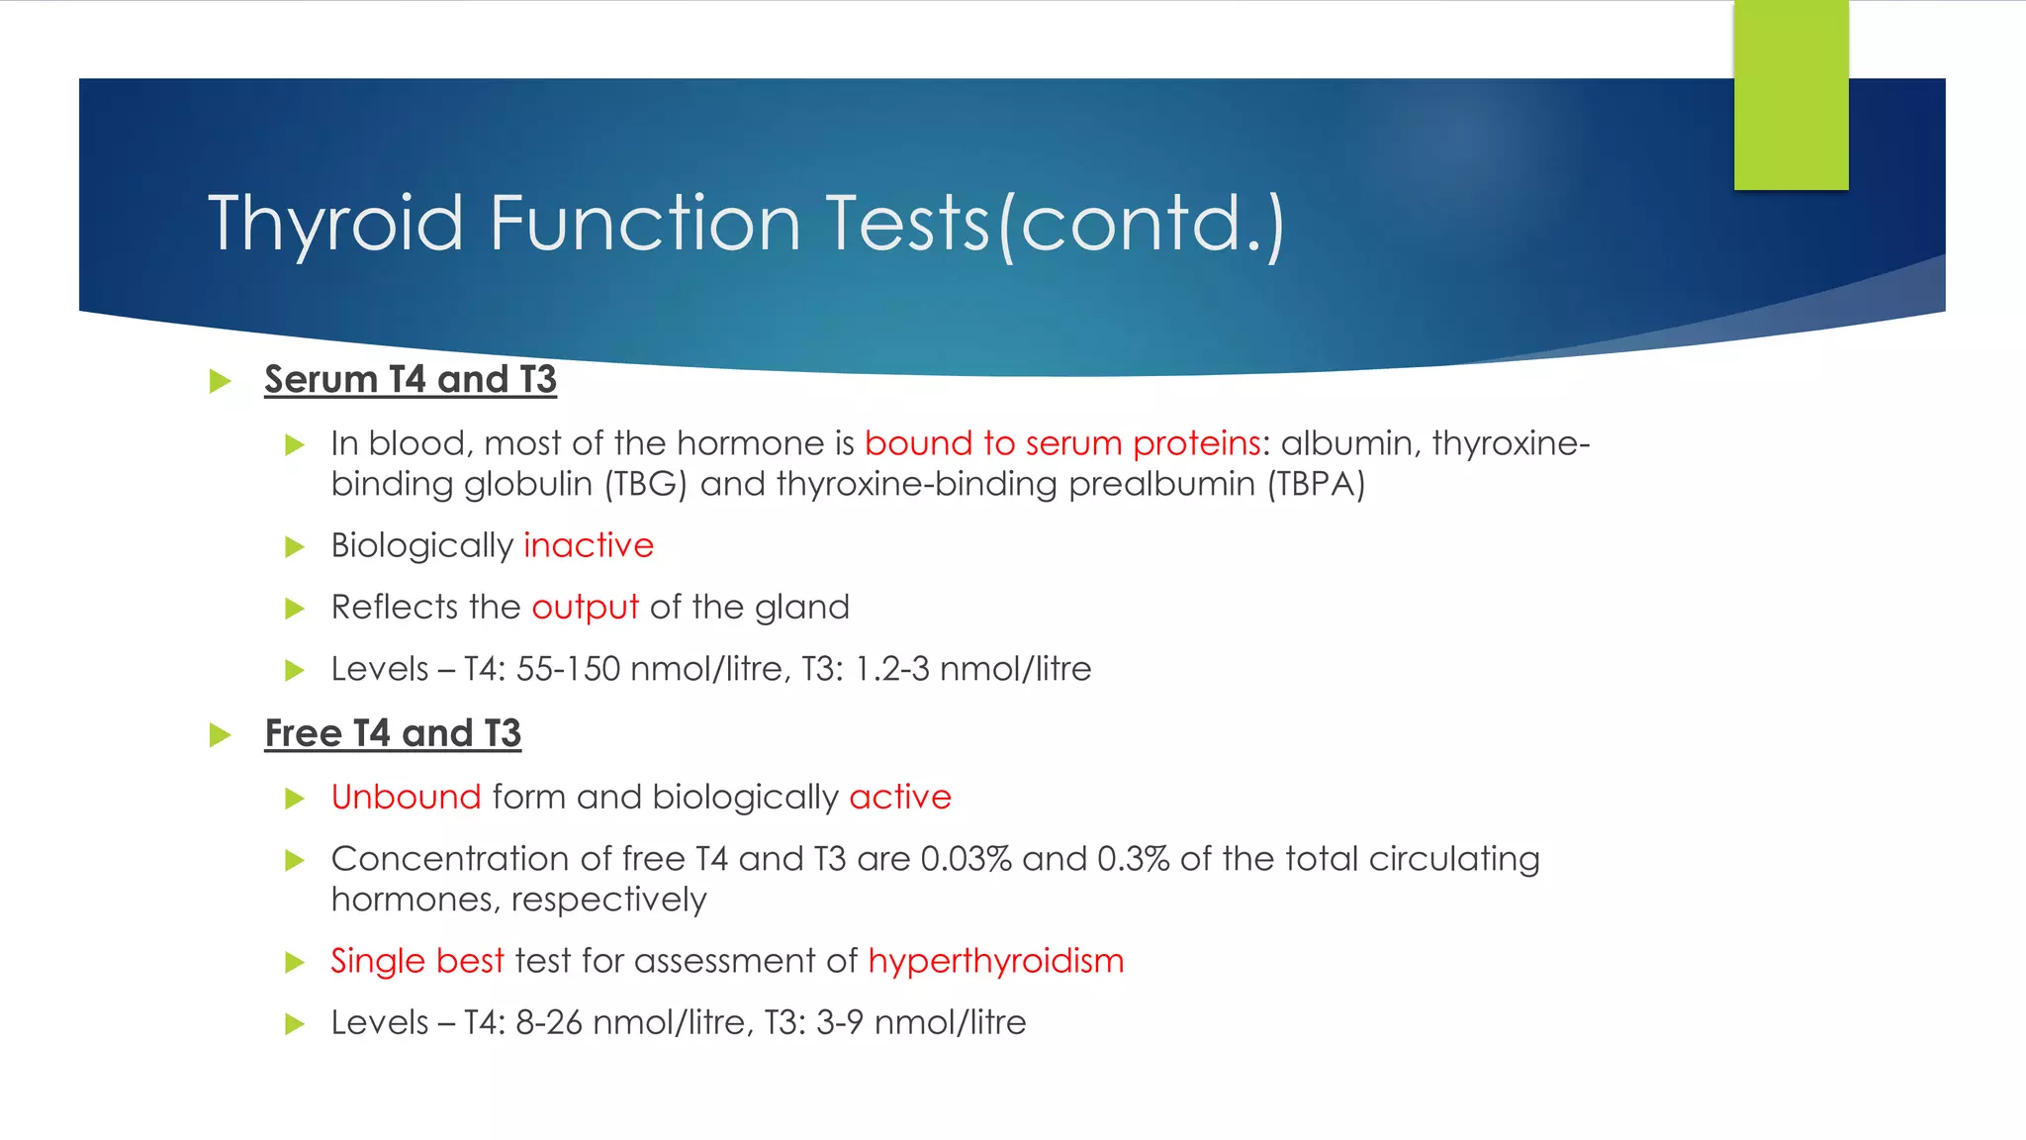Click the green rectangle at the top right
click(x=1791, y=95)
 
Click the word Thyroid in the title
click(x=335, y=224)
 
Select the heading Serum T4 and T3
click(x=411, y=380)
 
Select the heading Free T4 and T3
click(x=393, y=734)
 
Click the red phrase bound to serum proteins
click(x=1062, y=443)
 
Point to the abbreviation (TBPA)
click(x=1316, y=485)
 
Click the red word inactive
click(x=589, y=546)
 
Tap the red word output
click(x=585, y=608)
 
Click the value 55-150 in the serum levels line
click(x=568, y=670)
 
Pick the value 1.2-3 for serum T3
click(x=892, y=670)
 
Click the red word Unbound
click(x=406, y=798)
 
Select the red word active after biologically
click(x=900, y=798)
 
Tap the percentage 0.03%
click(x=966, y=859)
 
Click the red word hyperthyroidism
click(x=996, y=962)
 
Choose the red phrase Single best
click(x=417, y=962)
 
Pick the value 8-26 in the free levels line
click(x=549, y=1023)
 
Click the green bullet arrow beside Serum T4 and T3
click(x=221, y=382)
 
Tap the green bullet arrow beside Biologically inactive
click(x=294, y=547)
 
